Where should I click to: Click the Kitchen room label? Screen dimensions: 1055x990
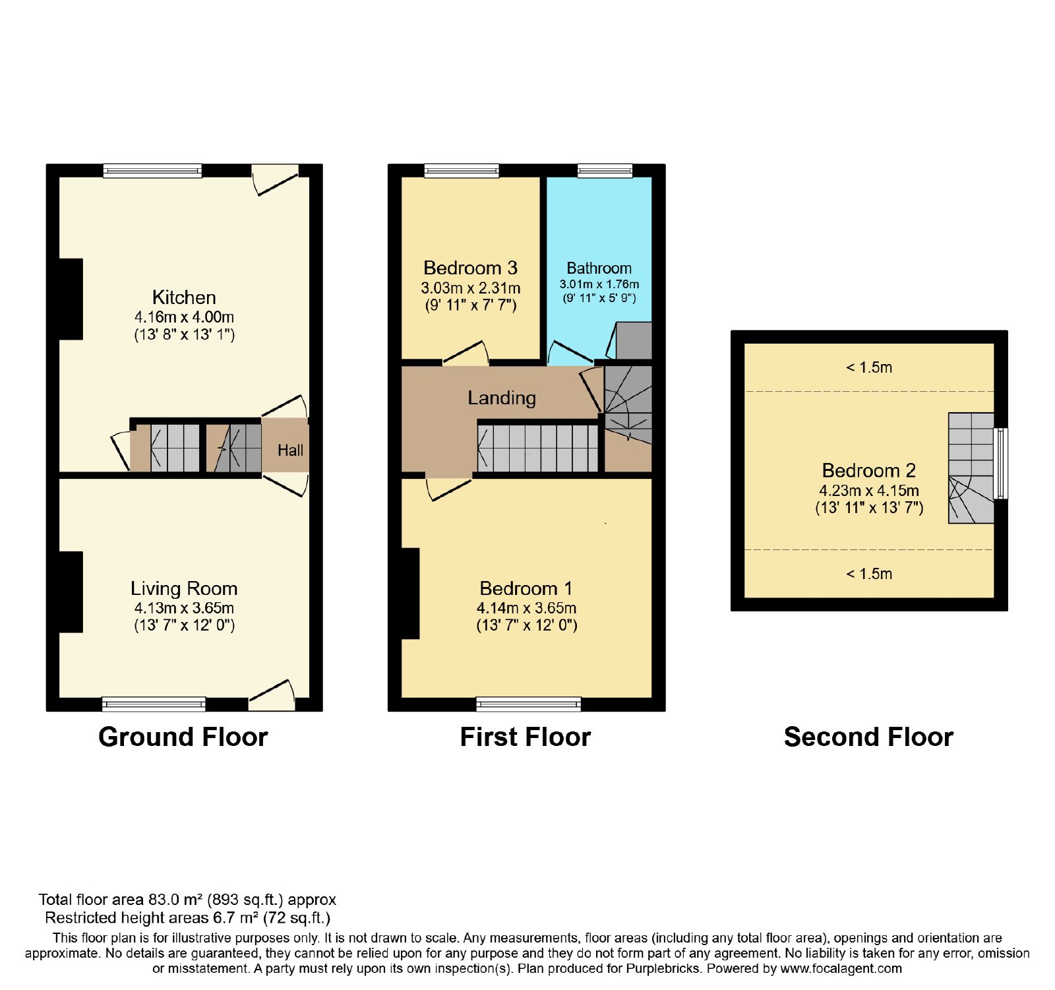(x=184, y=297)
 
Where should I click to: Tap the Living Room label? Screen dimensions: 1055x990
(x=184, y=588)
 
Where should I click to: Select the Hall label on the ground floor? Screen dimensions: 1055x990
(x=290, y=450)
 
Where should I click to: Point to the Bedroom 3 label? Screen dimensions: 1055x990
(x=470, y=268)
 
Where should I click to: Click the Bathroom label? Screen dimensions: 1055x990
(x=599, y=268)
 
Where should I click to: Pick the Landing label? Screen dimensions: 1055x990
(x=502, y=398)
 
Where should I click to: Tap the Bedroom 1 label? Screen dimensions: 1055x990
(x=526, y=588)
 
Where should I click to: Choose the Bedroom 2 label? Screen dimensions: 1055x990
(x=869, y=470)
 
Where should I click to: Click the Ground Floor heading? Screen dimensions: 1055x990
(x=183, y=737)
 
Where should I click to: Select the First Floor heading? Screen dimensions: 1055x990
(x=526, y=737)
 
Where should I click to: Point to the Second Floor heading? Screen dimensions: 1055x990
(x=869, y=737)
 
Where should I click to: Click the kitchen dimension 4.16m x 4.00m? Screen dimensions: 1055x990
(x=184, y=317)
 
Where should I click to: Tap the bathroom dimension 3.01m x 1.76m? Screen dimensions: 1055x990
(x=599, y=284)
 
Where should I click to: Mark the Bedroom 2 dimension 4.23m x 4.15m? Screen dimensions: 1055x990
(x=869, y=490)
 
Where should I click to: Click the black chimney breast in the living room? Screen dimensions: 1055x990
(x=71, y=592)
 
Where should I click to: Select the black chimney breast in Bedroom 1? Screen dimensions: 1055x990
(x=410, y=594)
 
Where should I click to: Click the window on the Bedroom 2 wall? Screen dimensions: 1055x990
(x=1001, y=464)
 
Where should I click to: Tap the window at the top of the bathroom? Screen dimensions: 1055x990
(x=605, y=171)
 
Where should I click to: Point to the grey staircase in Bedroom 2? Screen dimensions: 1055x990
(x=971, y=468)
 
